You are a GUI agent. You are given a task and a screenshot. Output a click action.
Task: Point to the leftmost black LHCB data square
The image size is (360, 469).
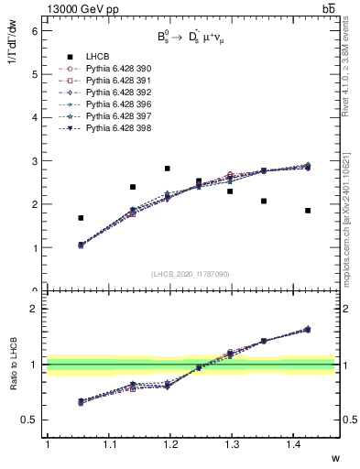(x=81, y=218)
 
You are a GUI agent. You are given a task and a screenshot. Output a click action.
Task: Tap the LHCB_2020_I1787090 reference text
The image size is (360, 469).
(x=190, y=274)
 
